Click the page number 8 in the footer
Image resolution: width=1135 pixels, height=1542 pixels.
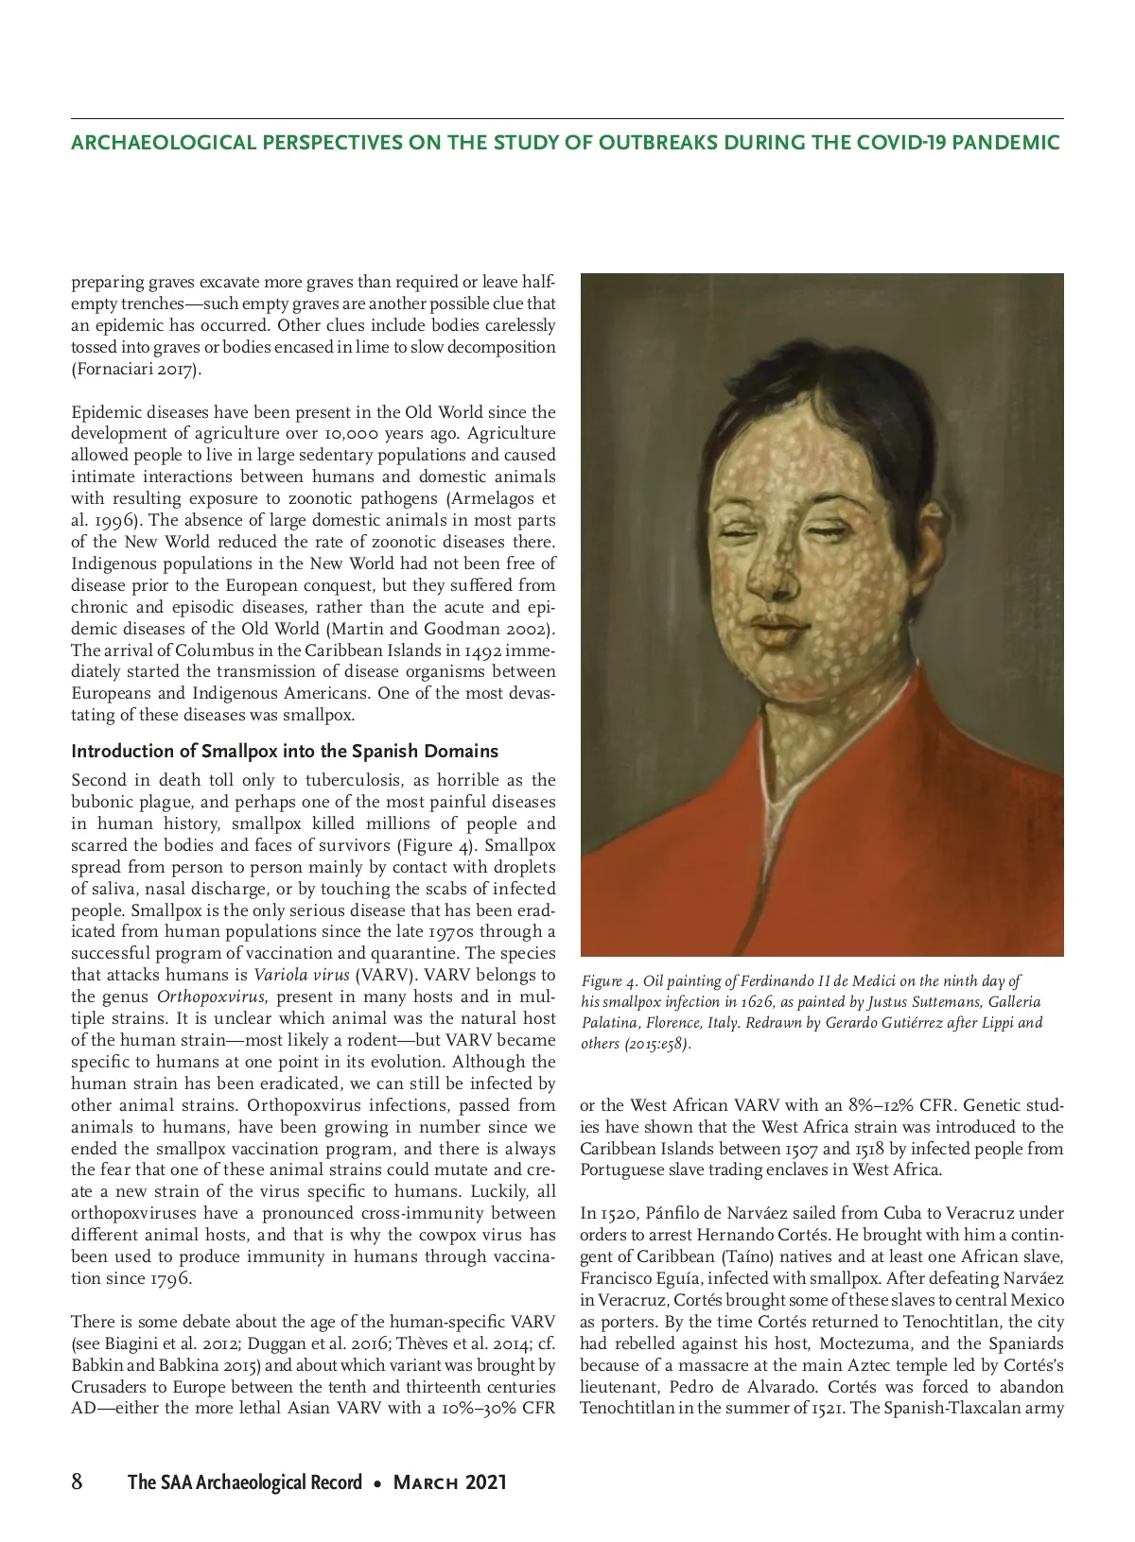coord(78,1481)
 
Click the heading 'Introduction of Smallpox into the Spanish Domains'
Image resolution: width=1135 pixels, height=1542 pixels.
coord(285,752)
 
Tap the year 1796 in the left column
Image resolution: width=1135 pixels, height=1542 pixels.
coord(170,1278)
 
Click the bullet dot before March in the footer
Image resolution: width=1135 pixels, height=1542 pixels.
coord(377,1483)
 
